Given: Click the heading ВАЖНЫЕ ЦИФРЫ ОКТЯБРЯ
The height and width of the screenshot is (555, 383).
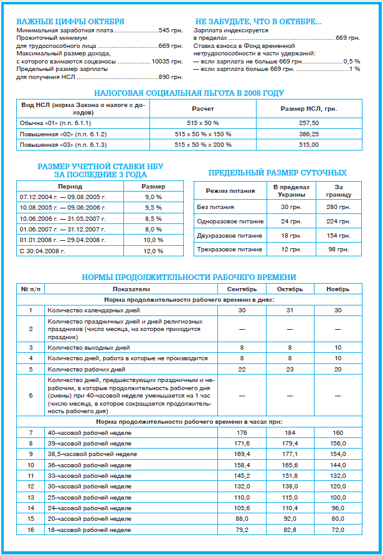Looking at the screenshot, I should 70,21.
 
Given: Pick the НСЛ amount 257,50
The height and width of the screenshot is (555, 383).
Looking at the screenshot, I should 309,123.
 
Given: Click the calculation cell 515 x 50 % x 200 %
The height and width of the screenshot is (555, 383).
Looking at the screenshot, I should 202,144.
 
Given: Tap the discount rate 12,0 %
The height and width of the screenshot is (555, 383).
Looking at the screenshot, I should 153,251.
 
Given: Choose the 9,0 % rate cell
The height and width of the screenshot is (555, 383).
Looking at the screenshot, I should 153,197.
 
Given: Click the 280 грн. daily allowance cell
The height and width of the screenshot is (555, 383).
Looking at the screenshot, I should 339,207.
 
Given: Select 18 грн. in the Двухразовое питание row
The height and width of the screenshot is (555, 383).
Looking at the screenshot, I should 286,236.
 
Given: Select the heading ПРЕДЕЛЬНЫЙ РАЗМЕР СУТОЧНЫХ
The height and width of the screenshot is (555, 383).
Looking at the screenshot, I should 277,172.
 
